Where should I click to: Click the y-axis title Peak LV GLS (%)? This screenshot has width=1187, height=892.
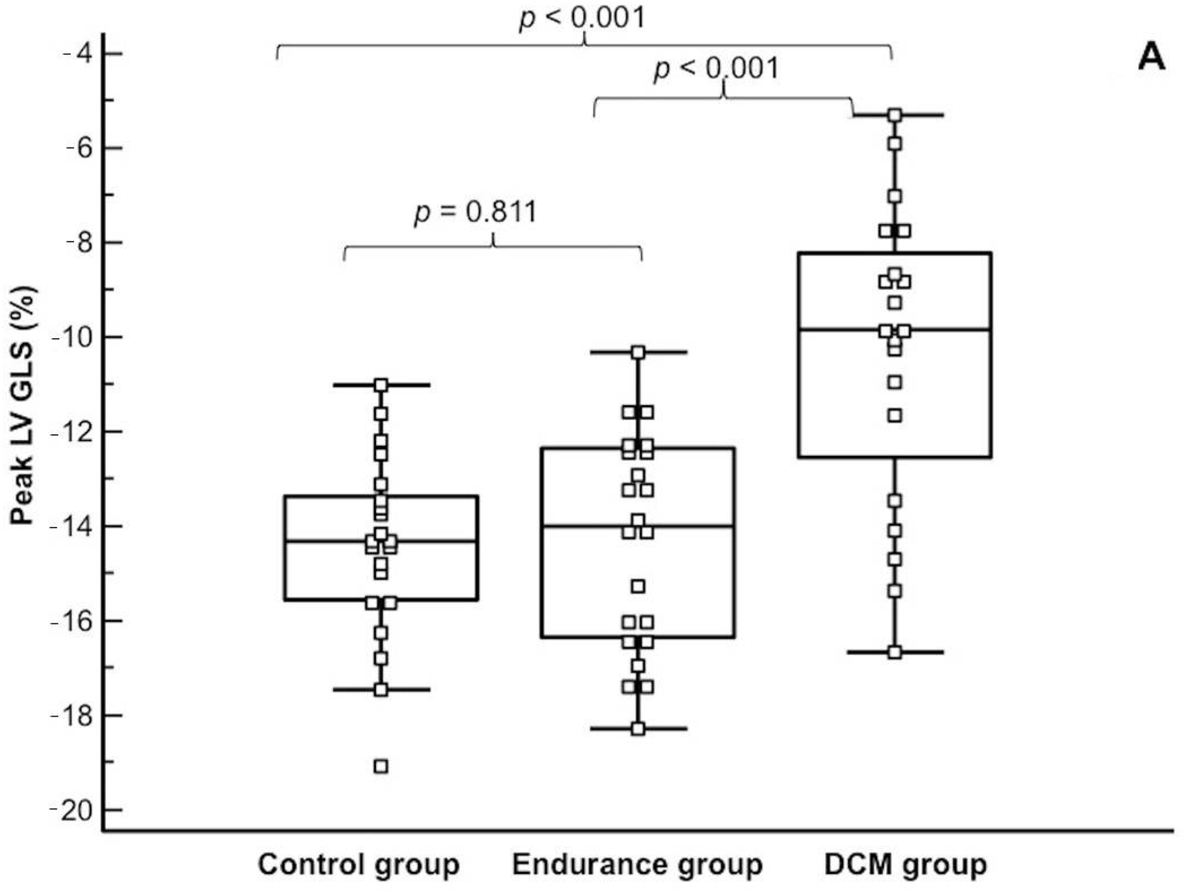click(24, 406)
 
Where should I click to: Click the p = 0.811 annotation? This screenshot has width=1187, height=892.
click(476, 212)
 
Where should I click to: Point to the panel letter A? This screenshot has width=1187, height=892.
click(1151, 58)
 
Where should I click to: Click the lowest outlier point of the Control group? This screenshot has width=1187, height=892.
click(381, 766)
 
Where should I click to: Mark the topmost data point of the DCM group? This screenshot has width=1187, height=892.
click(895, 115)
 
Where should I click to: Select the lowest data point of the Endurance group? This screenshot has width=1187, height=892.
click(638, 729)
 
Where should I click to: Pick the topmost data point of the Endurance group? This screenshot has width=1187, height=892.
click(638, 352)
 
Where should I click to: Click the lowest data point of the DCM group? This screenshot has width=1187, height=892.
click(895, 652)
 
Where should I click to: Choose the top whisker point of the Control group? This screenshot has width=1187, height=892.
click(381, 385)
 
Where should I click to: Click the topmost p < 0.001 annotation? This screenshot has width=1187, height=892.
click(582, 18)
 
